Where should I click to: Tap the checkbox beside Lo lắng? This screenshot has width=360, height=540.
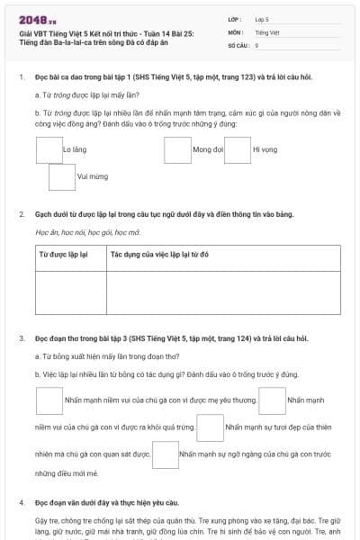[49, 148]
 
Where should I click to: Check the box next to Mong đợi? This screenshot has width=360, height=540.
[177, 148]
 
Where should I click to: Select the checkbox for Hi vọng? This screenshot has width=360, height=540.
[238, 148]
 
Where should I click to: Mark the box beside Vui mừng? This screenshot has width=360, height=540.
[62, 177]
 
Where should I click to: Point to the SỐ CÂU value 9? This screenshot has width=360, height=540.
[257, 44]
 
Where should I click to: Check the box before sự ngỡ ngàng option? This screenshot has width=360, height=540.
[166, 455]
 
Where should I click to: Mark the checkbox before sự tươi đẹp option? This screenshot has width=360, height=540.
[210, 427]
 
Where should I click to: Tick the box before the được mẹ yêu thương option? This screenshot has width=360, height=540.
[49, 400]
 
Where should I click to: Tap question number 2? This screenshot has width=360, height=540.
[22, 214]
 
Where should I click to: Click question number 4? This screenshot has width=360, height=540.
[22, 500]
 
